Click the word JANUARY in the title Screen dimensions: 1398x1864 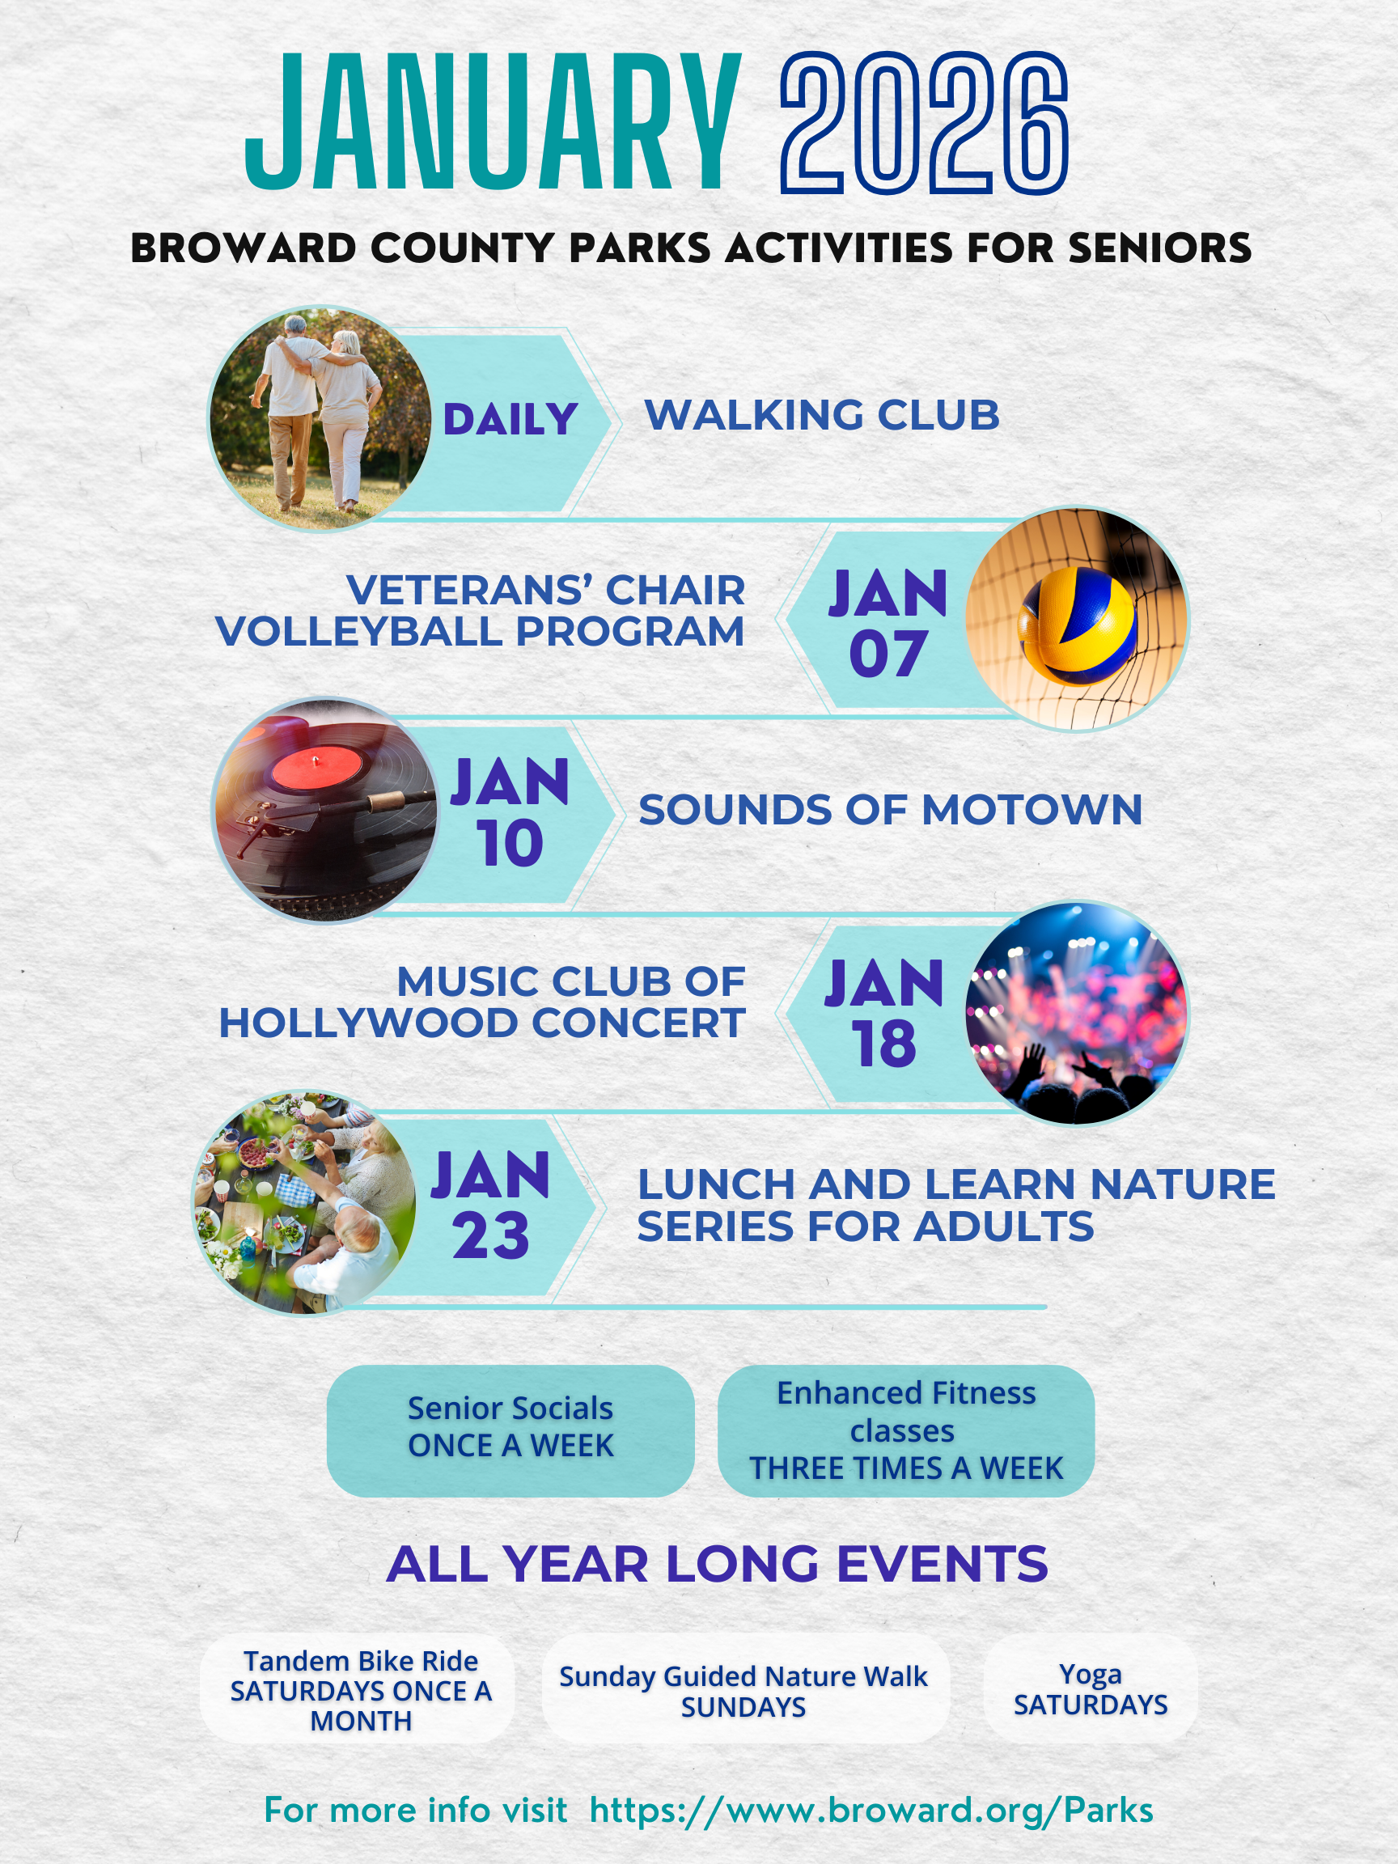click(x=493, y=121)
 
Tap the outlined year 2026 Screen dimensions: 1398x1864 click(x=925, y=123)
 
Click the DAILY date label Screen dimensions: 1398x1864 click(x=510, y=419)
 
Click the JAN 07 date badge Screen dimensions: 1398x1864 click(x=888, y=623)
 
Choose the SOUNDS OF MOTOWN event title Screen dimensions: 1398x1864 click(x=890, y=809)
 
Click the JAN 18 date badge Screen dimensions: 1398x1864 click(x=884, y=1013)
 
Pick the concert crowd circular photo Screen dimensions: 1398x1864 click(x=1076, y=1013)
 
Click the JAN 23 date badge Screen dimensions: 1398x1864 click(x=490, y=1205)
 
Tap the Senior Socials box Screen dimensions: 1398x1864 click(x=510, y=1431)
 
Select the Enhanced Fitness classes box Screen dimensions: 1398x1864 click(x=906, y=1431)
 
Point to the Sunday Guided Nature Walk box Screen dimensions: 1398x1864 click(x=746, y=1689)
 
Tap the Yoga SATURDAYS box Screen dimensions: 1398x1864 click(x=1091, y=1689)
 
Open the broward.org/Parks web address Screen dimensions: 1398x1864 click(x=871, y=1810)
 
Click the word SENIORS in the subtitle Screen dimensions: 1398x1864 click(x=1159, y=248)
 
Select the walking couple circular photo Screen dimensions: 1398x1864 click(x=321, y=419)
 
